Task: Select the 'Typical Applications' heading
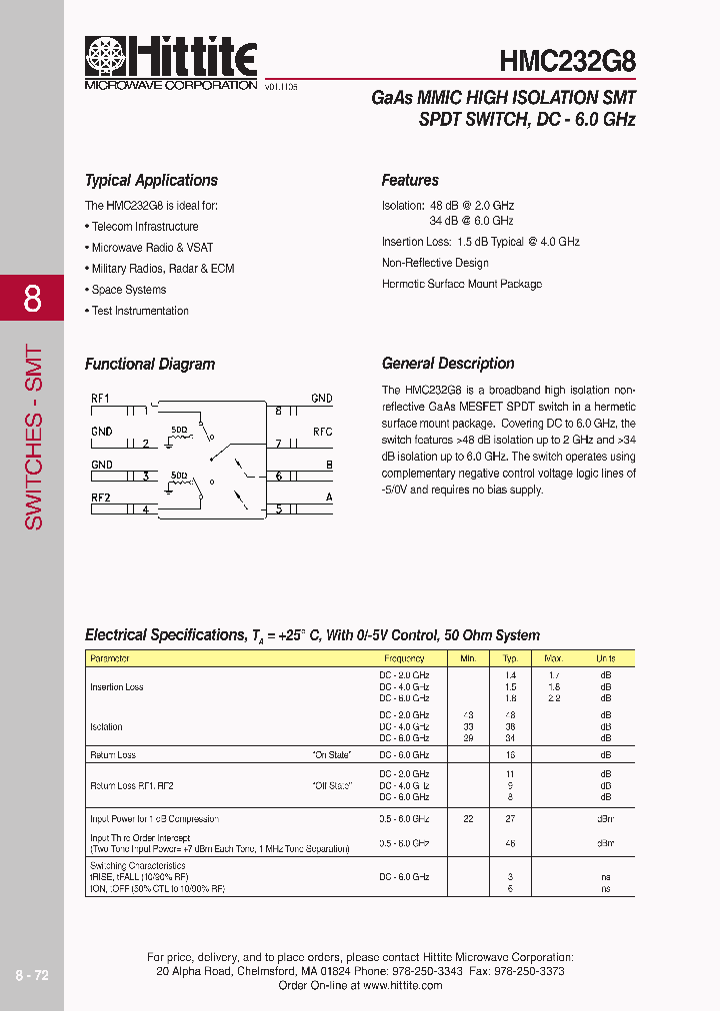tap(151, 181)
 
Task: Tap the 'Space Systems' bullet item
tap(128, 290)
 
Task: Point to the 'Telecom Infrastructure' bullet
tap(144, 227)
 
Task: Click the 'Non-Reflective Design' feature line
tap(435, 263)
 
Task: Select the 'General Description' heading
tap(448, 364)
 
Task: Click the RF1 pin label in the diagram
tap(100, 398)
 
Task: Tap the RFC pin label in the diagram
tap(322, 432)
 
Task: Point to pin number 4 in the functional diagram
tap(145, 509)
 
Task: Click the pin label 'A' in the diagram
tap(329, 497)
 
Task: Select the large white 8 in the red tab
tap(32, 299)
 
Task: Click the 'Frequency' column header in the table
tap(404, 658)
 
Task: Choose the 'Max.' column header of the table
tap(553, 658)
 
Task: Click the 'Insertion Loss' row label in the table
tap(117, 687)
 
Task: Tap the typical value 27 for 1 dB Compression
tap(511, 818)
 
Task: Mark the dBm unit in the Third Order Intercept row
tap(605, 843)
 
